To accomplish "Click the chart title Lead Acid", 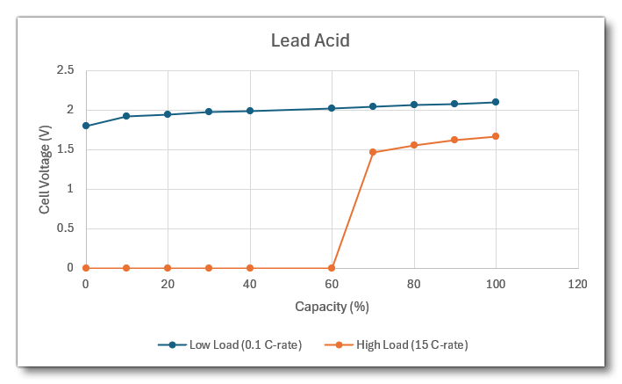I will tap(311, 40).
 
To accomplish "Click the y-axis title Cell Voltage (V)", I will tap(45, 170).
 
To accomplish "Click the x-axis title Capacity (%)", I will tap(331, 307).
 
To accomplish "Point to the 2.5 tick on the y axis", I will tap(65, 70).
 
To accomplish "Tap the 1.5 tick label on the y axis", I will tap(65, 149).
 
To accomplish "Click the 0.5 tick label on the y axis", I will tap(65, 228).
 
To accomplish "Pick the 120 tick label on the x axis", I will tap(577, 285).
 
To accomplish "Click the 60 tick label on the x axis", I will tap(332, 285).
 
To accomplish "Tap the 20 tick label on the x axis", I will tap(168, 285).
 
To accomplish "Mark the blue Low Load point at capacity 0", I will tap(85, 126).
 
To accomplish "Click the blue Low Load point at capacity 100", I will tap(496, 102).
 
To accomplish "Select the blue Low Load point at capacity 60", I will tap(332, 108).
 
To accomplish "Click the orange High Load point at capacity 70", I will tap(373, 152).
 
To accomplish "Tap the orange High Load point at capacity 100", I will tap(496, 136).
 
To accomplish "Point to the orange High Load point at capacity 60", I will tap(332, 268).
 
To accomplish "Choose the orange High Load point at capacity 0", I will tap(85, 268).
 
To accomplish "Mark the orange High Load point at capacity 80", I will tap(414, 145).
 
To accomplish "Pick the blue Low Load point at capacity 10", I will tap(126, 116).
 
